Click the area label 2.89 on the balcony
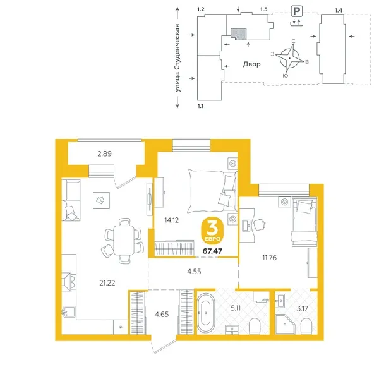[105, 153]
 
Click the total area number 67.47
[212, 251]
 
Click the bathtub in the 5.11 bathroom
[207, 313]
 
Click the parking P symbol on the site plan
[295, 10]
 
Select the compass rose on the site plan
[292, 57]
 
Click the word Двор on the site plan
[251, 64]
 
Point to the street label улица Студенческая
[179, 58]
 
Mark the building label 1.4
[339, 11]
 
